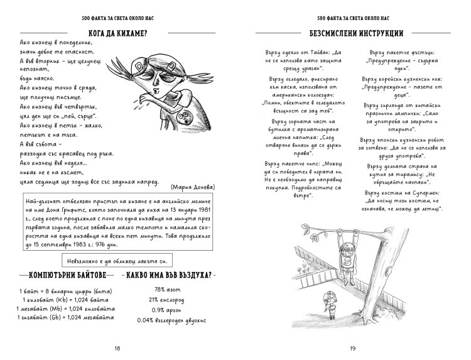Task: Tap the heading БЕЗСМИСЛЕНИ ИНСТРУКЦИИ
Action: (355, 32)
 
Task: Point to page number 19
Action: (353, 349)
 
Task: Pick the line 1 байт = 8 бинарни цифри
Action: (57, 290)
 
